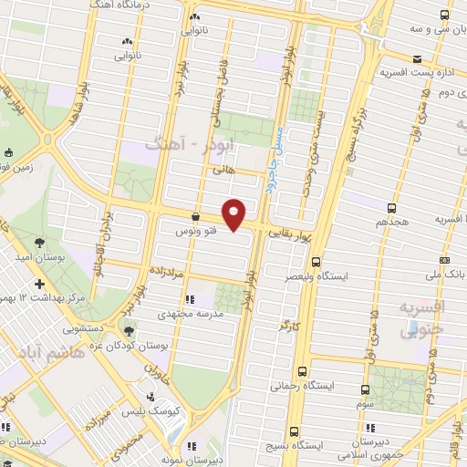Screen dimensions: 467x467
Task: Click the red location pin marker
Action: click(x=235, y=214)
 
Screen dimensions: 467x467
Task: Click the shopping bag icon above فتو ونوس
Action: click(x=195, y=217)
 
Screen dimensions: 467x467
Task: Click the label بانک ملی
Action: click(x=450, y=274)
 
